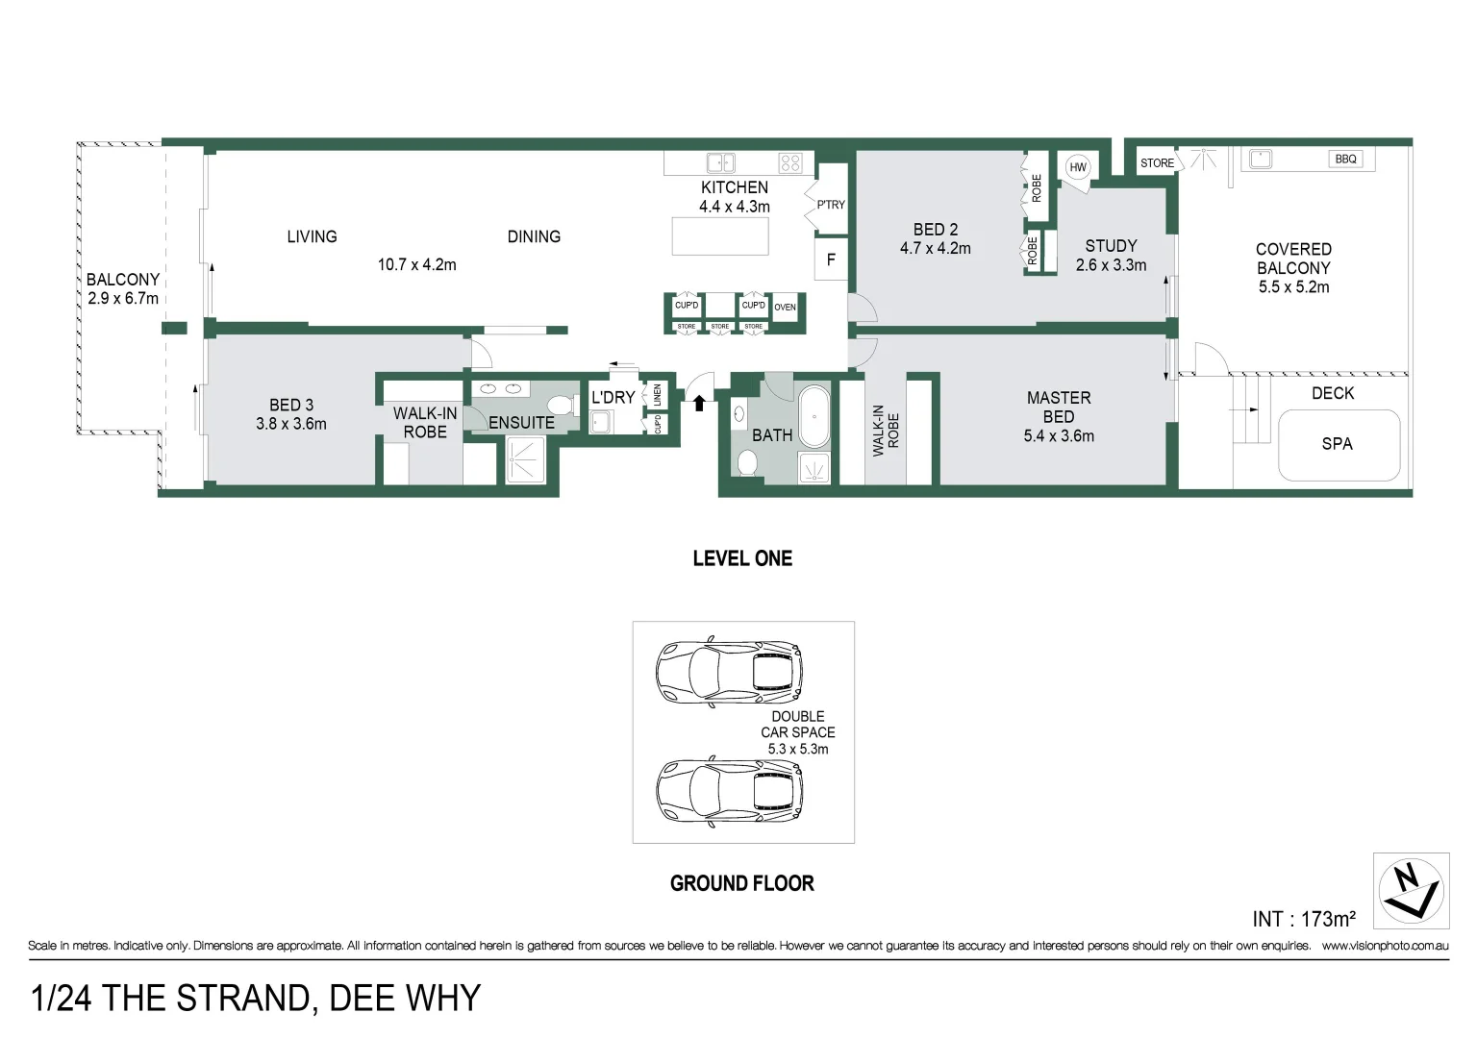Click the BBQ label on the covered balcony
pos(1345,159)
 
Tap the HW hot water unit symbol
pos(1078,167)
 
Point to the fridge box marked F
pos(831,260)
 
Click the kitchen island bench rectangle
pos(720,236)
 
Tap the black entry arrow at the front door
pos(699,402)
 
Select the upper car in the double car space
pos(729,670)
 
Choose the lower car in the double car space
pos(729,790)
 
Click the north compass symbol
pos(1410,891)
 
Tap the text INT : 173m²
pos(1303,920)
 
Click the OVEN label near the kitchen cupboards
pos(785,308)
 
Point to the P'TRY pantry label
pos(830,205)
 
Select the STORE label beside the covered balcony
pos(1157,163)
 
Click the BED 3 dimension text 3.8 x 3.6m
pos(290,424)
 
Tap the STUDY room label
pos(1111,246)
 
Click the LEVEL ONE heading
pos(742,558)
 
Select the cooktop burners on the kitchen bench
pos(790,162)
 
